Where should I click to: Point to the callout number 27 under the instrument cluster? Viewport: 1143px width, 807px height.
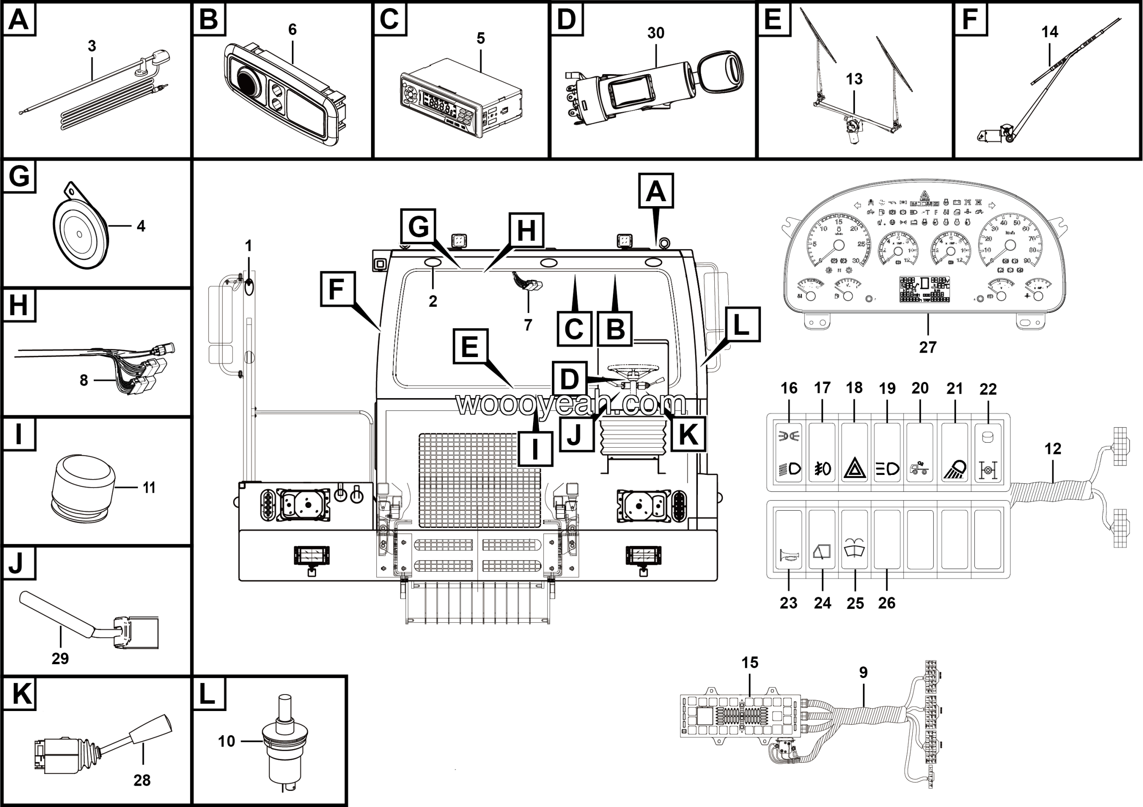[928, 347]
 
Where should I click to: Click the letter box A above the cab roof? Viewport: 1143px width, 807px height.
[655, 191]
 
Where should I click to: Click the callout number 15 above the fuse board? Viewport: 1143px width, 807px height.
[750, 663]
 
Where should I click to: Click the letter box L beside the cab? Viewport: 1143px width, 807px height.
[741, 325]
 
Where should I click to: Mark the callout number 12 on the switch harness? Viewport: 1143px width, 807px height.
[1052, 449]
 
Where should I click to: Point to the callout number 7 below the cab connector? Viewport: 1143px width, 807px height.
[528, 325]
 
